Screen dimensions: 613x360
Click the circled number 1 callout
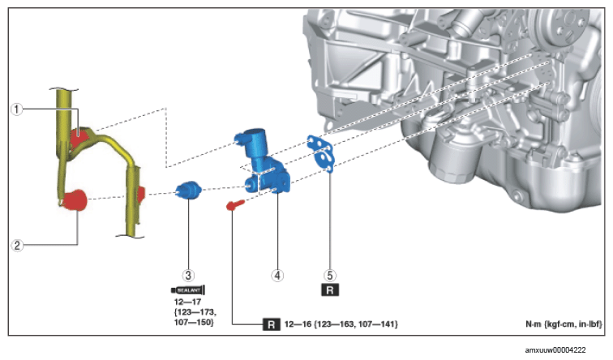pyautogui.click(x=16, y=109)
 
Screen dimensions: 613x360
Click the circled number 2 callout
pyautogui.click(x=17, y=245)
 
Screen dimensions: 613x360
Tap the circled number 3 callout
pyautogui.click(x=188, y=275)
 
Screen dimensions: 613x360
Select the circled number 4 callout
pyautogui.click(x=277, y=275)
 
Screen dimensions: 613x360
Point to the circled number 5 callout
pyautogui.click(x=330, y=275)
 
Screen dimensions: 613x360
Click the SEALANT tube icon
pyautogui.click(x=188, y=290)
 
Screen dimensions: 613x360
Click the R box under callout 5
pyautogui.click(x=330, y=290)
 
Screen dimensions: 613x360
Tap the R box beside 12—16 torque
pyautogui.click(x=272, y=324)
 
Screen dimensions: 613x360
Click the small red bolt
pyautogui.click(x=235, y=204)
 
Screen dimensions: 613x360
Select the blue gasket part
pyautogui.click(x=321, y=153)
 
